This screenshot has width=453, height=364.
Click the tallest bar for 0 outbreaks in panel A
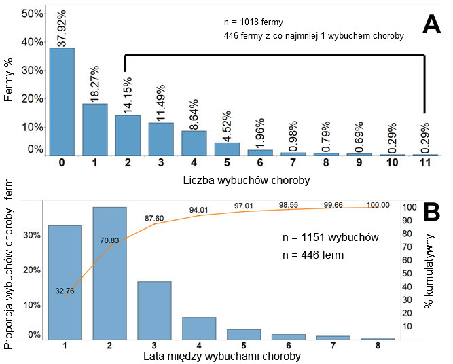(62, 102)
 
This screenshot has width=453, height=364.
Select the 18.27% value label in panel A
(95, 83)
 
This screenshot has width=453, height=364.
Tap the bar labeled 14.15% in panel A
(128, 135)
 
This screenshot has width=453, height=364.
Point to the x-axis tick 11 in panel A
(425, 163)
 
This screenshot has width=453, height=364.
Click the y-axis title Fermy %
(9, 83)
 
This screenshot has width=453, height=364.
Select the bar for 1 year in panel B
(65, 282)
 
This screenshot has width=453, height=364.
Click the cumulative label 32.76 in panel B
(66, 291)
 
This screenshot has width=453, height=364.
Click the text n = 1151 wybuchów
(329, 238)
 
